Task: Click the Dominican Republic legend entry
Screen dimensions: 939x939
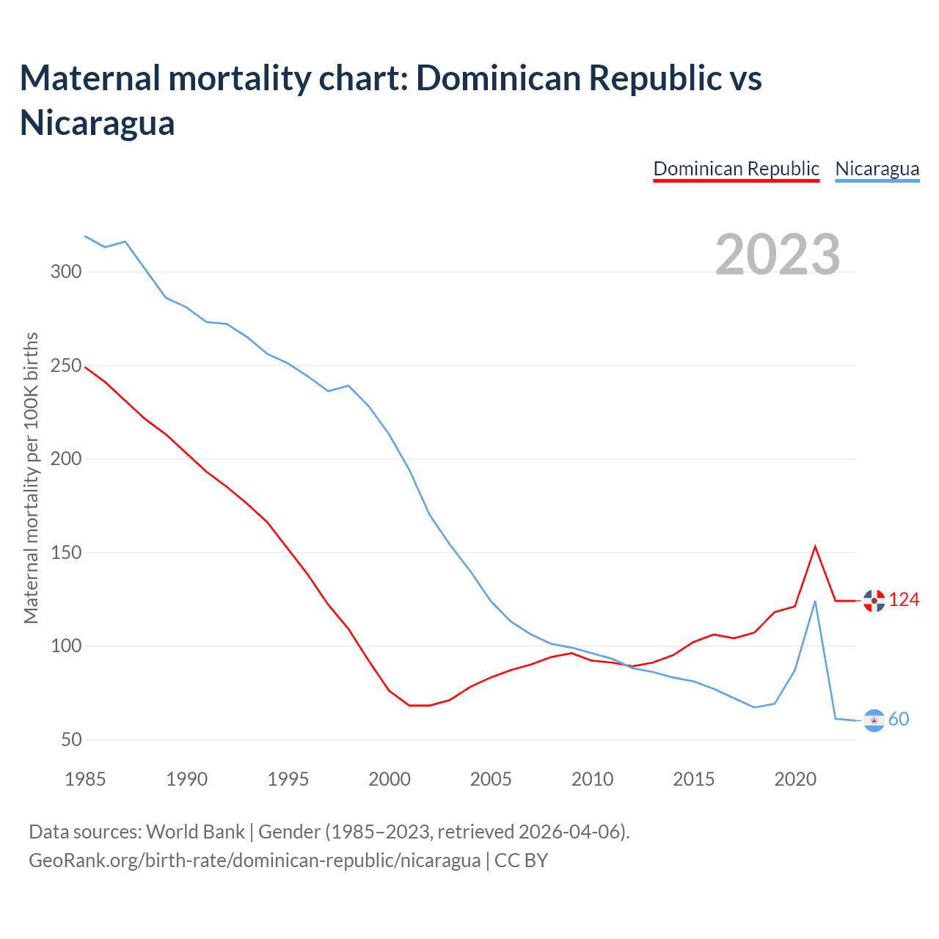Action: coord(736,169)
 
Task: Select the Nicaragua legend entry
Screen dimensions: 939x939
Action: coord(877,169)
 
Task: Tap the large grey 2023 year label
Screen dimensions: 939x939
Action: coord(778,255)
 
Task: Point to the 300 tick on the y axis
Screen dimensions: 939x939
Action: coord(66,272)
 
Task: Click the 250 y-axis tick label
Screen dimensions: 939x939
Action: coord(66,365)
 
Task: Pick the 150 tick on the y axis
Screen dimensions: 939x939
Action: coord(66,552)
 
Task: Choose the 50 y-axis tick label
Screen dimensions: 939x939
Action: coord(71,739)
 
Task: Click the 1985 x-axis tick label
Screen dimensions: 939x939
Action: coord(85,779)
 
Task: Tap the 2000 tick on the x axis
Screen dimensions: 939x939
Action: coord(390,779)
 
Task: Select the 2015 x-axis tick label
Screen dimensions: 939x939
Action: coord(693,779)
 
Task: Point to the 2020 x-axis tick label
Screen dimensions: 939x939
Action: coord(795,779)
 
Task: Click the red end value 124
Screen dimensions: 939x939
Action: coord(904,600)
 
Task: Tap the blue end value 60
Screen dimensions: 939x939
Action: coord(899,720)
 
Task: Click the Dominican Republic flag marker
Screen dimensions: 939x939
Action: coord(874,601)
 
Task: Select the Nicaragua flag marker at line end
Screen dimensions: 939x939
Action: coord(874,720)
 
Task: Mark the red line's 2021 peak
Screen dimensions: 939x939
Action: coord(815,547)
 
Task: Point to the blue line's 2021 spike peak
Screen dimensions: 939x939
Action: coord(815,602)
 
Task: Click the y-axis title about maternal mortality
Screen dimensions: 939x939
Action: coord(31,478)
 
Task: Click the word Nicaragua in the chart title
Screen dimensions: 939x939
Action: coord(98,123)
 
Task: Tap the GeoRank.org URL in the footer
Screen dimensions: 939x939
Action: coord(255,860)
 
